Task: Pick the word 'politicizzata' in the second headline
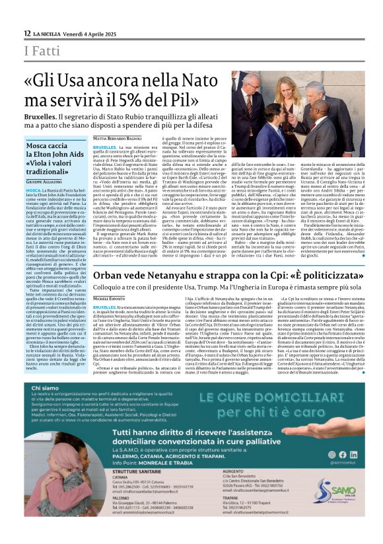coord(320,274)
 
